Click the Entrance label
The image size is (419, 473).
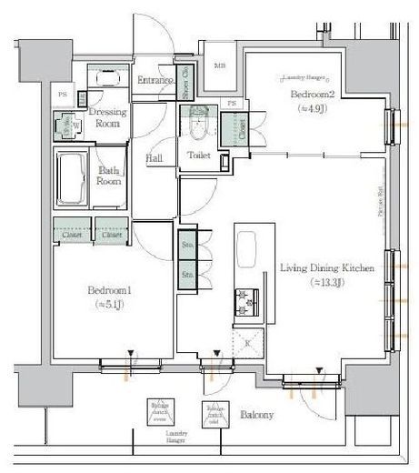pyautogui.click(x=155, y=81)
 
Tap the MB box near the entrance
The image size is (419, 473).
pyautogui.click(x=220, y=66)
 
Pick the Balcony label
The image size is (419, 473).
pyautogui.click(x=256, y=415)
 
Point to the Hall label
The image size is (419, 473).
pyautogui.click(x=154, y=158)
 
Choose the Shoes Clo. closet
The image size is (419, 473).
pyautogui.click(x=185, y=83)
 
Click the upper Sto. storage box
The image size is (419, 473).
pyautogui.click(x=187, y=246)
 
